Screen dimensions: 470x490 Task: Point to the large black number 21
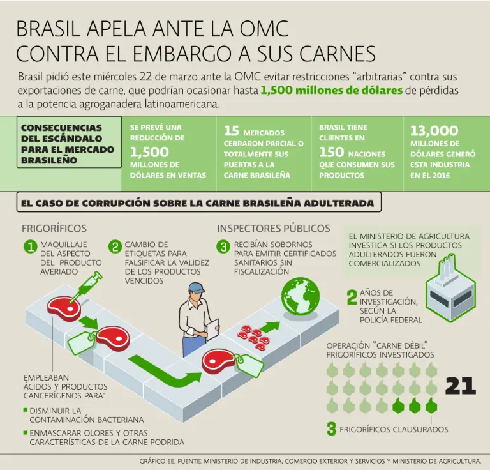coord(460,386)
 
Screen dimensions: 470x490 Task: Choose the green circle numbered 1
coord(29,246)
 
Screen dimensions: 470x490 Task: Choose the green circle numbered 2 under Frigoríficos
coord(115,246)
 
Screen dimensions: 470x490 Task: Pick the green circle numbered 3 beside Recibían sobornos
coord(223,246)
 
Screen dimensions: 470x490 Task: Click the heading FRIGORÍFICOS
coord(54,228)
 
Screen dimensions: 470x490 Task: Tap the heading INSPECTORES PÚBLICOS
coord(274,228)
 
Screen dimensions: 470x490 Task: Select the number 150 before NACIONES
coord(331,153)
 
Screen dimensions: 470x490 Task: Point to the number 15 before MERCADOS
coord(231,131)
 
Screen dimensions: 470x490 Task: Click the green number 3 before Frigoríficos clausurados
coord(331,429)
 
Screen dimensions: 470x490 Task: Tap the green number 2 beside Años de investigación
coord(352,298)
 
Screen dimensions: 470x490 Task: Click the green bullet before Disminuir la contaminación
coord(26,409)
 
